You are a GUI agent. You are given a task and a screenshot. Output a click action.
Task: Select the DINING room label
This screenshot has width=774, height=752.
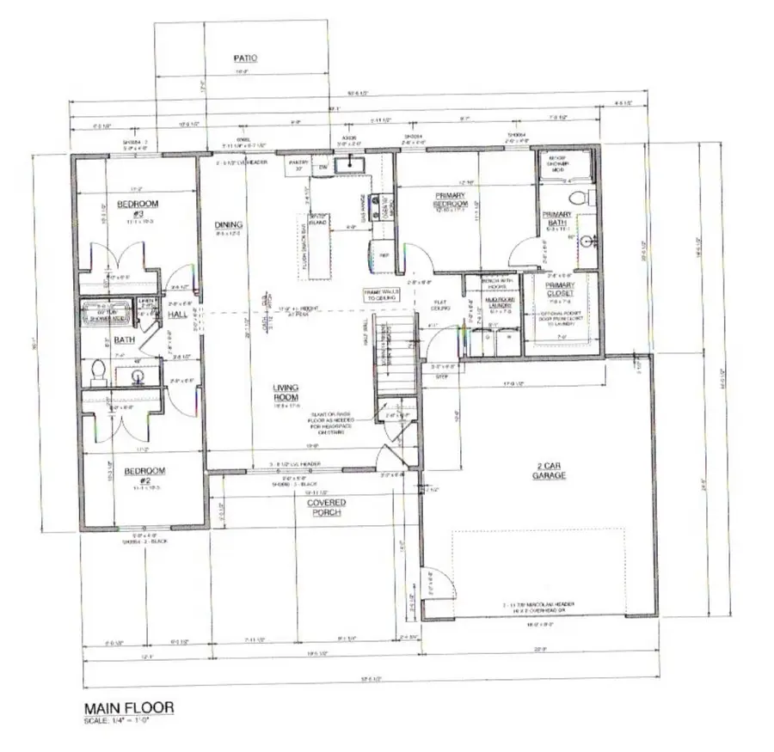click(229, 225)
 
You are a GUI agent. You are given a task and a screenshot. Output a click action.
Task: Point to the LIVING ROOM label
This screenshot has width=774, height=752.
click(287, 393)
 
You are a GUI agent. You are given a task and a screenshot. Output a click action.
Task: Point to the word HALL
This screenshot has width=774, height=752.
click(177, 315)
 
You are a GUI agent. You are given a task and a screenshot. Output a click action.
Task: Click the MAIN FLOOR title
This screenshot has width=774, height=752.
click(128, 707)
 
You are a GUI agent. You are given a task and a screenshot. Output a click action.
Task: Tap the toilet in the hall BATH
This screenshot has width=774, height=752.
click(99, 370)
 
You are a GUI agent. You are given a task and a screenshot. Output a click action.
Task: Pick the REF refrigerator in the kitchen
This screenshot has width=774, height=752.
click(382, 254)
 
